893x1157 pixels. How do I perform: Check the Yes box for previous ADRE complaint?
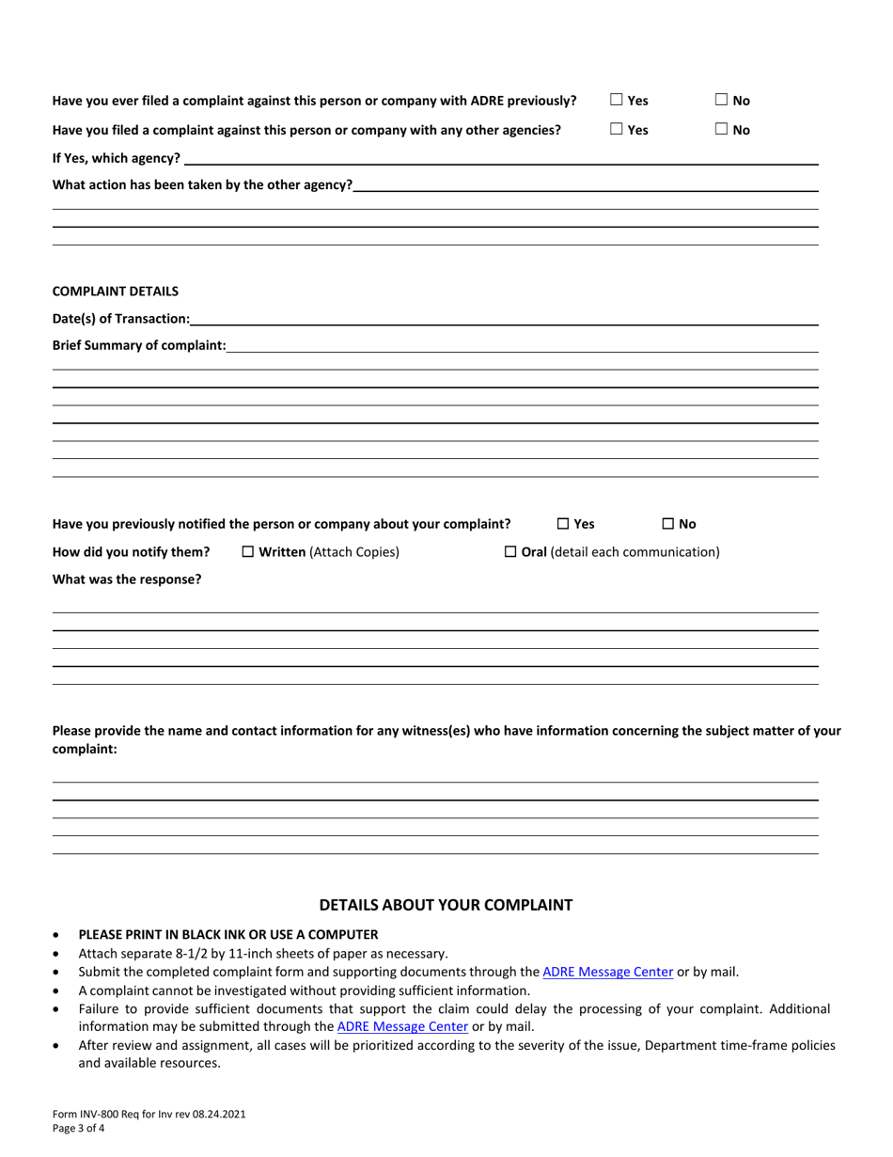pos(617,101)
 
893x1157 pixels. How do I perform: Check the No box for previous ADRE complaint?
pos(721,101)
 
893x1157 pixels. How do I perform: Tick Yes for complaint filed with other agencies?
pos(617,131)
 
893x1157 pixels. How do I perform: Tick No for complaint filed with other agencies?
pos(721,131)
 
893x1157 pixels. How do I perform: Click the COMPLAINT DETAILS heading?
pos(115,292)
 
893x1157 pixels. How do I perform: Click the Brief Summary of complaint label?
pos(138,346)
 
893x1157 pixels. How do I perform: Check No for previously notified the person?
pos(668,524)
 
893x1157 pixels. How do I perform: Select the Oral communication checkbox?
pos(511,551)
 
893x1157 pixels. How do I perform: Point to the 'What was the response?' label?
pos(126,579)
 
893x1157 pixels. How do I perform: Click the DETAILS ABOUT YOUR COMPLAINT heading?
pos(446,906)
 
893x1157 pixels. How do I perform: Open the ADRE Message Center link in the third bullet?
pos(608,972)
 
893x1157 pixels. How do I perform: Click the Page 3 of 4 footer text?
pos(78,1128)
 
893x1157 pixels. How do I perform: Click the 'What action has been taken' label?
pos(202,185)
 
